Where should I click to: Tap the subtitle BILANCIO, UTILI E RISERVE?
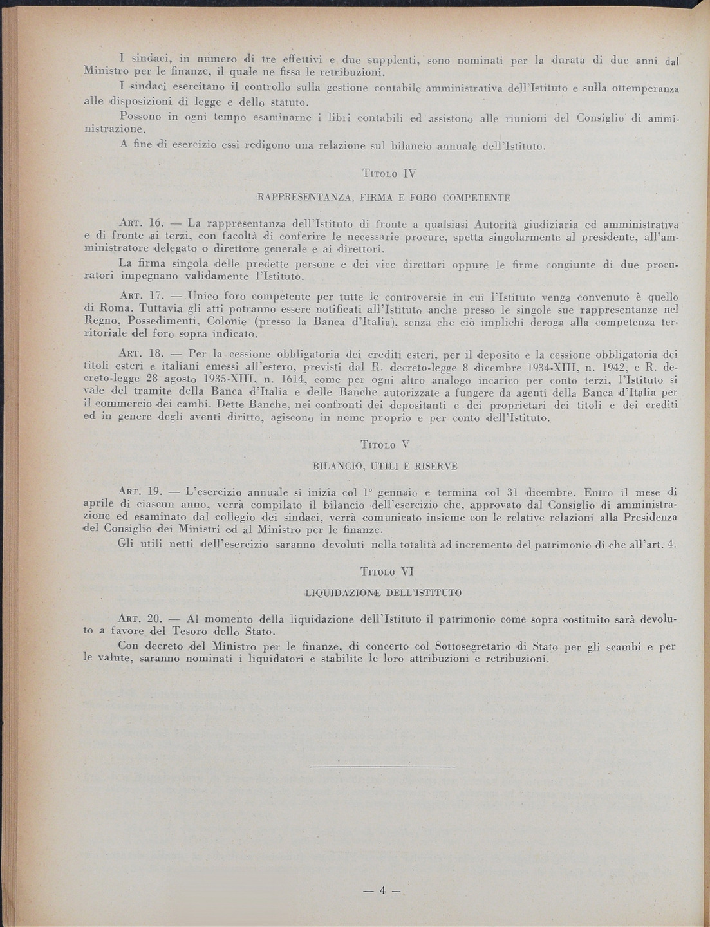click(385, 465)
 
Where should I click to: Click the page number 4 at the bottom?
click(382, 891)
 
